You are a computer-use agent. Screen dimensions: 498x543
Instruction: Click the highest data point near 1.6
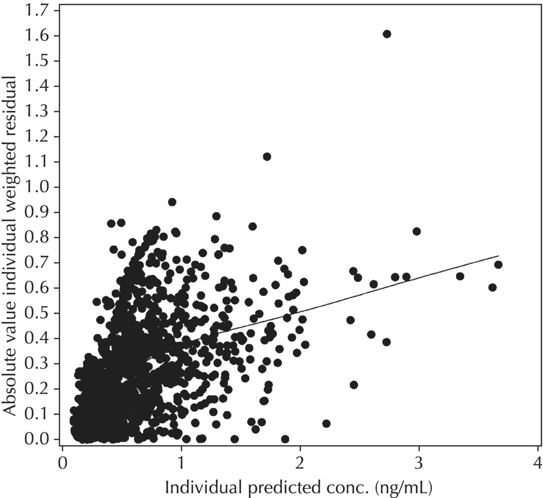[387, 34]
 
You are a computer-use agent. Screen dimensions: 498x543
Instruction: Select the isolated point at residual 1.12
[267, 156]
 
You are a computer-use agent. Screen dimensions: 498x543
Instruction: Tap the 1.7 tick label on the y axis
[41, 10]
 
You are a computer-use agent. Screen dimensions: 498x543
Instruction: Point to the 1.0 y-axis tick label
[41, 187]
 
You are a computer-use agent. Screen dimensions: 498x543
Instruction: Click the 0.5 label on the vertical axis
[41, 313]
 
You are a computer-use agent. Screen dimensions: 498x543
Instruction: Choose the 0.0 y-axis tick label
[41, 439]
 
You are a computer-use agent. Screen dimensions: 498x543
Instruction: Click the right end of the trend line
[498, 255]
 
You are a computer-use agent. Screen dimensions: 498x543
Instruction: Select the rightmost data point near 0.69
[498, 264]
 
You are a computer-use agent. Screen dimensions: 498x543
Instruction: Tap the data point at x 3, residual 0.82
[416, 231]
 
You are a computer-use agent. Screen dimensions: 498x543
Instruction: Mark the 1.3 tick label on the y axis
[41, 111]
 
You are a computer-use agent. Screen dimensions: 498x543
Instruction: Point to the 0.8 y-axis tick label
[41, 237]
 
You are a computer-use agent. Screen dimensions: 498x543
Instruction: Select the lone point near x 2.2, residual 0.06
[326, 423]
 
